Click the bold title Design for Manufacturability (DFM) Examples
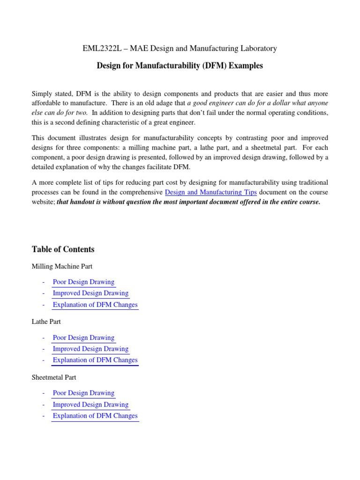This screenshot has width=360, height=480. tap(180, 66)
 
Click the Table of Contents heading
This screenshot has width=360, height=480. tap(63, 249)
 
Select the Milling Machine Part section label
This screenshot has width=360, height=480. tap(62, 266)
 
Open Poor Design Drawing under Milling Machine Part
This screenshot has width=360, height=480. tap(83, 282)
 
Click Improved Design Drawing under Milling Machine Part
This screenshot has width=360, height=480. tap(90, 293)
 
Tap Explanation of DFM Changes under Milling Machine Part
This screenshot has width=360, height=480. tap(95, 305)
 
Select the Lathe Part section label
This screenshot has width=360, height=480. tap(46, 322)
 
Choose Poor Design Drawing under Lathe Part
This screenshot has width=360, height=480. tap(83, 337)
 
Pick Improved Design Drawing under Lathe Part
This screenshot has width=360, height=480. tap(90, 349)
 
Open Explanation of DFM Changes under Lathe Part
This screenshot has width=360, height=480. tap(95, 360)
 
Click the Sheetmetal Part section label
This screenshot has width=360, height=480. tap(53, 377)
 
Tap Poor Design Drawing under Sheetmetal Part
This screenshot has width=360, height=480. tap(83, 393)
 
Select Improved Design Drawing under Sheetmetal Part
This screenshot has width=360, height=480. tap(90, 405)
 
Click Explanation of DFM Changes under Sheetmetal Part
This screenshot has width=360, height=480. tap(95, 416)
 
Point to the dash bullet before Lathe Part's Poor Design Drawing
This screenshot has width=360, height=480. tap(43, 338)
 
